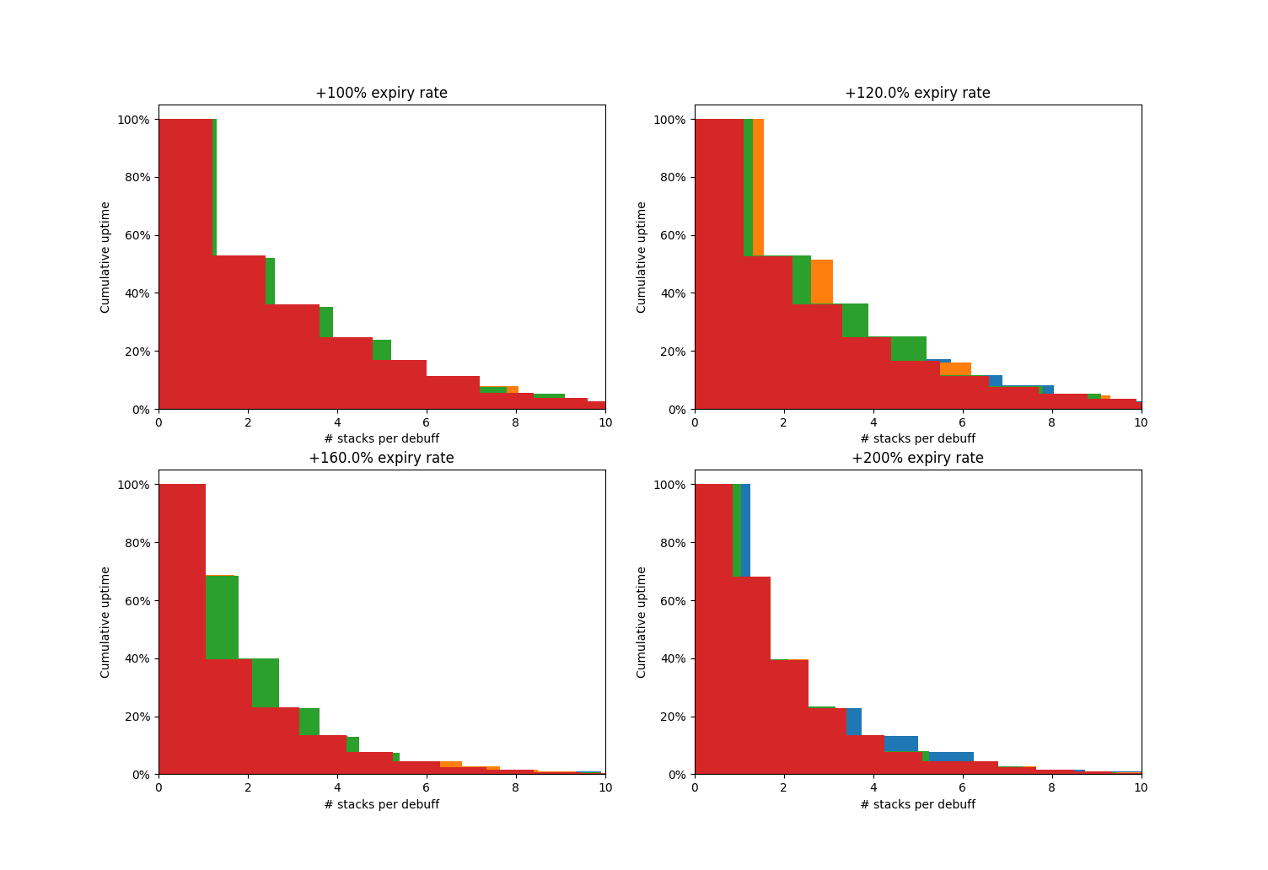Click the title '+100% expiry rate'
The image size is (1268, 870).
point(381,94)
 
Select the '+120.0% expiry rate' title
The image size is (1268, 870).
point(917,94)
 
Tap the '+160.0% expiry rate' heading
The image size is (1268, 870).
point(381,459)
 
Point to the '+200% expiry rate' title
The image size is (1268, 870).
point(917,459)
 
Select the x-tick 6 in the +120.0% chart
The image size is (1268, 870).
point(962,422)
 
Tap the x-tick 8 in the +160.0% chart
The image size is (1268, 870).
point(515,787)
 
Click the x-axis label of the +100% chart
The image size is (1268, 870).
point(381,439)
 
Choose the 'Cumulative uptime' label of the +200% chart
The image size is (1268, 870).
point(642,621)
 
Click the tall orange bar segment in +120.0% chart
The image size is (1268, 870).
point(758,186)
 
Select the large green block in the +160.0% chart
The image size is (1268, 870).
point(222,616)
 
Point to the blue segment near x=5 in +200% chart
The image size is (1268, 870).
point(900,744)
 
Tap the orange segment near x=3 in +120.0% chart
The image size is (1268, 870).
point(822,282)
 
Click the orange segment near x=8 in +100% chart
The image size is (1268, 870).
point(513,389)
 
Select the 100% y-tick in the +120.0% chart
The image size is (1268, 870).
point(670,120)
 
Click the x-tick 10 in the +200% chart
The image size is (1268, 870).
point(1141,787)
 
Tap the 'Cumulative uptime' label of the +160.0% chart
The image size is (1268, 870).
point(105,621)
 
